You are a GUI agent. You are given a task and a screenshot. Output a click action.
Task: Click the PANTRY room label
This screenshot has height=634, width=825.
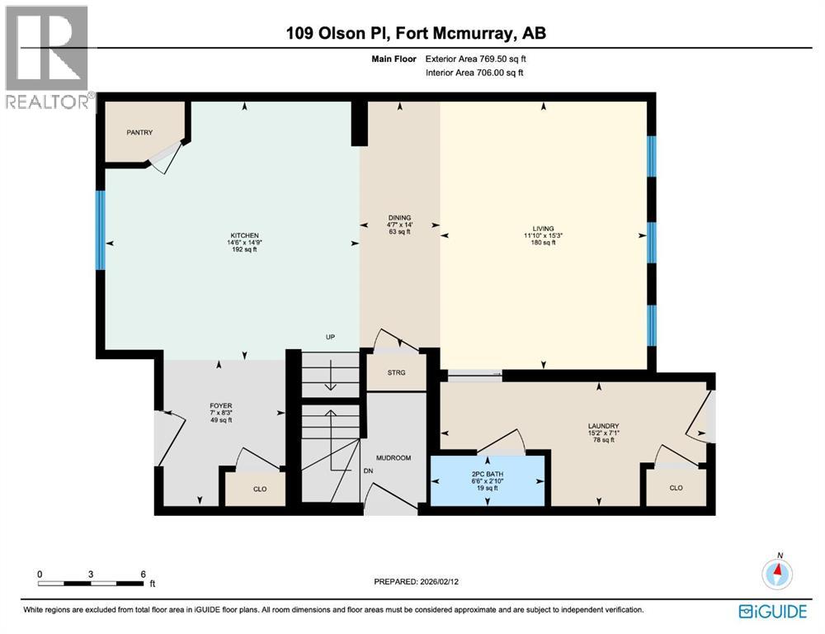pyautogui.click(x=139, y=132)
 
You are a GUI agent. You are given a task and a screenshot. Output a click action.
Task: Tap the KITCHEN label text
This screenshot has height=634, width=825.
pyautogui.click(x=245, y=235)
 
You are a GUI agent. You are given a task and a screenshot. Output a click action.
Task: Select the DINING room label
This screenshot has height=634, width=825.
pyautogui.click(x=400, y=217)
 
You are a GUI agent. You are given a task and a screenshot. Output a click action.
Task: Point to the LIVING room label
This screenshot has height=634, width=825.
pyautogui.click(x=543, y=229)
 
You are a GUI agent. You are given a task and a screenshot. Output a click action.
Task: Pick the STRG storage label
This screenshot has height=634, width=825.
pyautogui.click(x=396, y=372)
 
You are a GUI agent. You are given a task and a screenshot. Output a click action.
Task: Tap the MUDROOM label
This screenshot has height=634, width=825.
pyautogui.click(x=394, y=457)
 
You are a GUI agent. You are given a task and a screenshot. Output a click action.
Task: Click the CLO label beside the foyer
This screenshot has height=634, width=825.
pyautogui.click(x=260, y=489)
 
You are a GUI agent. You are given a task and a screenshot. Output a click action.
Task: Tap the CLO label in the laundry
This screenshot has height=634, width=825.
pyautogui.click(x=676, y=488)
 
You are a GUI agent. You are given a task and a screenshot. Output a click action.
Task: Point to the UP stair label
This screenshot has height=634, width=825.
pyautogui.click(x=329, y=338)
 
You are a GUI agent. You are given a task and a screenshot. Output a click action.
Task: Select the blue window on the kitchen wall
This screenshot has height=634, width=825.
pyautogui.click(x=101, y=230)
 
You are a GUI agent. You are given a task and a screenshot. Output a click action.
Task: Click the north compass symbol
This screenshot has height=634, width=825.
pyautogui.click(x=778, y=571)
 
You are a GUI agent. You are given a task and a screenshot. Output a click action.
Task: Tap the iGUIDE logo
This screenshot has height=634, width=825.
pyautogui.click(x=773, y=611)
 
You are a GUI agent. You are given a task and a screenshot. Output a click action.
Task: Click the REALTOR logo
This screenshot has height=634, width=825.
pyautogui.click(x=46, y=58)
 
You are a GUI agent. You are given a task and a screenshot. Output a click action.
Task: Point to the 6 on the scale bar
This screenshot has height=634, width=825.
pyautogui.click(x=144, y=574)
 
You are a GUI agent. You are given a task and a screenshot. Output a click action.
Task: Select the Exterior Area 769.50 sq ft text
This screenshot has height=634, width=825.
pyautogui.click(x=474, y=59)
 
